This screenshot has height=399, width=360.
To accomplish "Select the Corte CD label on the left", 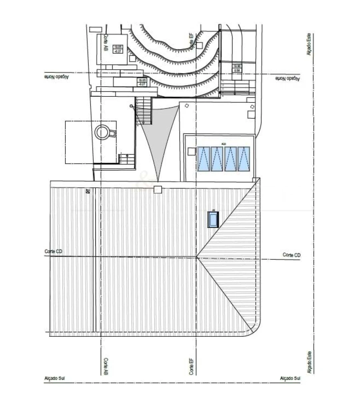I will coord(54,252).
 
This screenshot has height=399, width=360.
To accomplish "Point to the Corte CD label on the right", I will coord(291,255).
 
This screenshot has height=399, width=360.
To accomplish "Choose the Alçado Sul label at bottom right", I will coord(290,378).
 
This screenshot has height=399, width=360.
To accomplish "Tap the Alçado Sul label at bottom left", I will coord(54,378).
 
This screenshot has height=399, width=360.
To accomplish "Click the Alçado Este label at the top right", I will coord(309,44).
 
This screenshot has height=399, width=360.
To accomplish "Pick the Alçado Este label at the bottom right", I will coord(309,362).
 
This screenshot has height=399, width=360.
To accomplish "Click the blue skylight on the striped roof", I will coord(213,219).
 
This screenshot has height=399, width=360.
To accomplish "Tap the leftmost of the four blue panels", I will coord(204,159).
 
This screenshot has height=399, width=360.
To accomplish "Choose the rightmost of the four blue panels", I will coord(244,159).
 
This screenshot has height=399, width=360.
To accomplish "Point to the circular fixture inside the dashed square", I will coord(102,132).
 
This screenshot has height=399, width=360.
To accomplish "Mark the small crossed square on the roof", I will coord(88,192).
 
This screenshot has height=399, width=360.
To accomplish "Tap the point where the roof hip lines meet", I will coord(196,257).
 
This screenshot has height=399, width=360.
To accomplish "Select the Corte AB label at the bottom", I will coord(105,366).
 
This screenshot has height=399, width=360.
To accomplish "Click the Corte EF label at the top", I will coord(192,41).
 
